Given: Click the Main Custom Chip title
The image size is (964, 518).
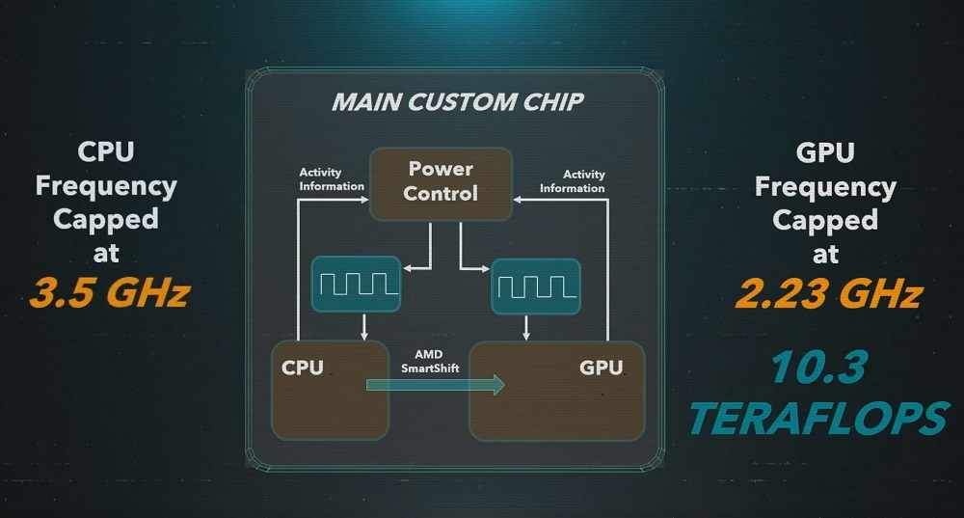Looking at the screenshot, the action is (457, 101).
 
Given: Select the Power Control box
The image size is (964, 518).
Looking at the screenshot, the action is (441, 183).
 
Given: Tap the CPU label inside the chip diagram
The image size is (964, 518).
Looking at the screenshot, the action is (303, 368).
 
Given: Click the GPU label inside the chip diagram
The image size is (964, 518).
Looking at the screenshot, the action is (602, 368).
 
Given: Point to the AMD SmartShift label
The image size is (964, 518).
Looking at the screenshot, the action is (430, 361).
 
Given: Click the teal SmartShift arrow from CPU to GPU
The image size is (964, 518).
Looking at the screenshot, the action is (436, 385).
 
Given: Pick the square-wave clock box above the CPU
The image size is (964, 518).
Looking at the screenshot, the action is (356, 285).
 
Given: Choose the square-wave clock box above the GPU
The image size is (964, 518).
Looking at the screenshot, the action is (535, 286).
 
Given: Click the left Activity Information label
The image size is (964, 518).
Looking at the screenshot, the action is (332, 179).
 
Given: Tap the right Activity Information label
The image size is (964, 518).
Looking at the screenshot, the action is (573, 181).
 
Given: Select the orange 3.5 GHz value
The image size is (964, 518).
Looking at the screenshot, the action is (110, 291).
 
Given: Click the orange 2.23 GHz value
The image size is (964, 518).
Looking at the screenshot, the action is (829, 293).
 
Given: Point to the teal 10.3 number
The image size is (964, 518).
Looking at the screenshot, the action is (818, 367).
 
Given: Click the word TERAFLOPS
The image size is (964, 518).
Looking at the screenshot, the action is (818, 418).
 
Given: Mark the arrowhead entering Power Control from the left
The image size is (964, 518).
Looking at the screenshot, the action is (364, 200).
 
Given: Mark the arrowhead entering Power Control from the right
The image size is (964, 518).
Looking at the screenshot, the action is (517, 200).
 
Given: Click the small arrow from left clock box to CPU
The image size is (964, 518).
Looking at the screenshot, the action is (364, 327).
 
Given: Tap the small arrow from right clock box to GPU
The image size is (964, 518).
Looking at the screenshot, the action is (525, 328).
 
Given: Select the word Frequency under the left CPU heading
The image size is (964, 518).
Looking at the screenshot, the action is (106, 186).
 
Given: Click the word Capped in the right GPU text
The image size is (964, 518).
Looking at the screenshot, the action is (825, 220).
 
